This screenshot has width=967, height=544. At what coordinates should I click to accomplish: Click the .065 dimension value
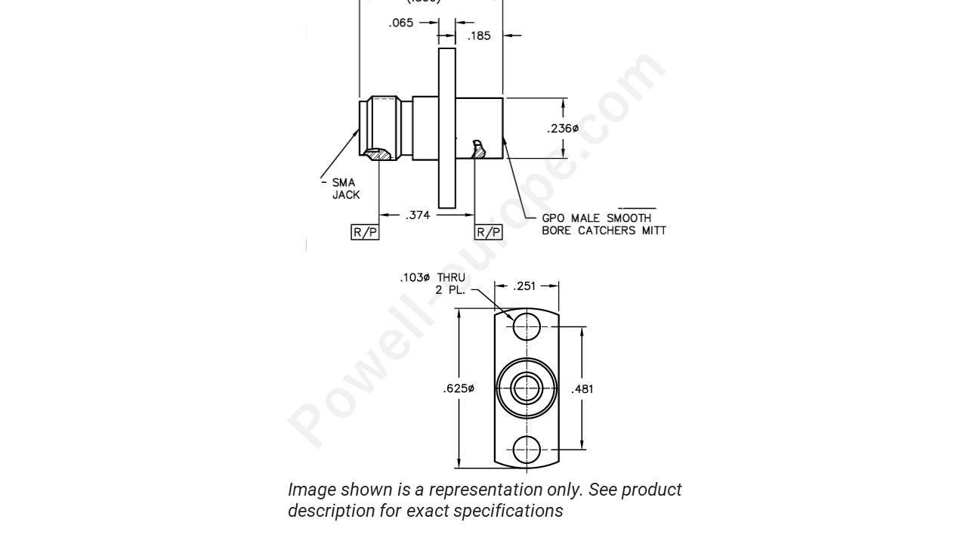coord(401,23)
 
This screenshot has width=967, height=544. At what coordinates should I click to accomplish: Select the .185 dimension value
coord(480,35)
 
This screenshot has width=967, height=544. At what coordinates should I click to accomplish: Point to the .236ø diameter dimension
coord(563,128)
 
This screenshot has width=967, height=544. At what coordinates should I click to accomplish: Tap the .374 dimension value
coord(418,215)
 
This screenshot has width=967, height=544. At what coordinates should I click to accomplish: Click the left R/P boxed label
coord(366,232)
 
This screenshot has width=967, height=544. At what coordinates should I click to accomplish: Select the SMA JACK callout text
coord(345,188)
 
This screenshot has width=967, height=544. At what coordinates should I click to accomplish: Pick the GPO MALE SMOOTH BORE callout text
coord(603,224)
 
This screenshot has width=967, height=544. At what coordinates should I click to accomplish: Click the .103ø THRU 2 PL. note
coord(433,283)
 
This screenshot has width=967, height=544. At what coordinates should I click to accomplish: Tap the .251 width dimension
coord(526,286)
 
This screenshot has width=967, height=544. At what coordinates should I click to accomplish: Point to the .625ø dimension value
coord(459,389)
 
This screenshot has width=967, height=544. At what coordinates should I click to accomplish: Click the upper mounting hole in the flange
coord(527,326)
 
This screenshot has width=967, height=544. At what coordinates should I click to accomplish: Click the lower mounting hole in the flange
coord(527,450)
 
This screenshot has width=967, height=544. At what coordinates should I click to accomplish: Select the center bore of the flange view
coord(527,388)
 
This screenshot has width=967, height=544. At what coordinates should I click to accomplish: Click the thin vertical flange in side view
coord(447,128)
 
